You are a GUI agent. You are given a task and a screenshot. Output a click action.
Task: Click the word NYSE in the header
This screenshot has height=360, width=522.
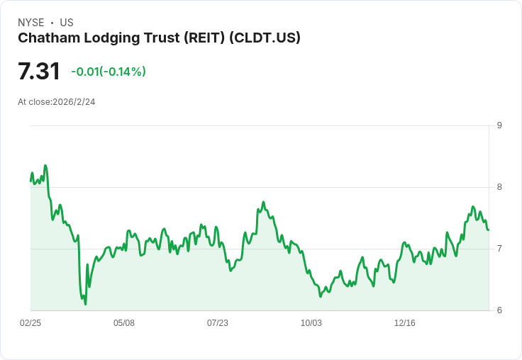pyautogui.click(x=31, y=23)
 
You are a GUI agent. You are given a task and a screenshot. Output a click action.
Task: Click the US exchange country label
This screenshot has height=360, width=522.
pyautogui.click(x=67, y=23)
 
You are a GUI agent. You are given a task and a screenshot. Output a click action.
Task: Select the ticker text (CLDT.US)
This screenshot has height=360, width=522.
pyautogui.click(x=265, y=38)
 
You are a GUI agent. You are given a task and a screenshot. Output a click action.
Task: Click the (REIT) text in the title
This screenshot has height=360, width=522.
pyautogui.click(x=204, y=38)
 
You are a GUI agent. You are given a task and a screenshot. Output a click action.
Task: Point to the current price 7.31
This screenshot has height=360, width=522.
pyautogui.click(x=39, y=72)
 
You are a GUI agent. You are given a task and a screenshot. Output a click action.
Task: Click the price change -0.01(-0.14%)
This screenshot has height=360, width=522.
pyautogui.click(x=109, y=72)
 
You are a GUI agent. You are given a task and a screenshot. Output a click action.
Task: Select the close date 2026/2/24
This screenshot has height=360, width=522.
pyautogui.click(x=74, y=102)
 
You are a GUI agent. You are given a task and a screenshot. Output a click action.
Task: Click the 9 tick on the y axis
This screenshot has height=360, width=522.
pyautogui.click(x=499, y=126)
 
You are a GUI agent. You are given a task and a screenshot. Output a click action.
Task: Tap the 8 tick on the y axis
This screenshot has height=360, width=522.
pyautogui.click(x=499, y=188)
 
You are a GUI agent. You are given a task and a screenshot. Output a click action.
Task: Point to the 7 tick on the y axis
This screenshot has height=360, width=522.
pyautogui.click(x=499, y=249)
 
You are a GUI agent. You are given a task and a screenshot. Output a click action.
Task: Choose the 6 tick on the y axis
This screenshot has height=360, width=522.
pyautogui.click(x=499, y=310)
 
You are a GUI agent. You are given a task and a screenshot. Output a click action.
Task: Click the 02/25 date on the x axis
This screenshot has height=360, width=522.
pyautogui.click(x=30, y=323)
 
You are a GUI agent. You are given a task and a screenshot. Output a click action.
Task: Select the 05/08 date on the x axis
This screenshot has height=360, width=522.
pyautogui.click(x=124, y=323)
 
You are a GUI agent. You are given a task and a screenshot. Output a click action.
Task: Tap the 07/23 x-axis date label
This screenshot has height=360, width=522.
pyautogui.click(x=218, y=323)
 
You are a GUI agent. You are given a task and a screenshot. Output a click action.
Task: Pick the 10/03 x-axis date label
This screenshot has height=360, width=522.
pyautogui.click(x=311, y=323)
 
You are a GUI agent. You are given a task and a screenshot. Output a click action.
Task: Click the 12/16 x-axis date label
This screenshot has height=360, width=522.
pyautogui.click(x=405, y=323)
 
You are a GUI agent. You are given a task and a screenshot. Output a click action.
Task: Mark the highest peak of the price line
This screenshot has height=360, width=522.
pyautogui.click(x=45, y=166)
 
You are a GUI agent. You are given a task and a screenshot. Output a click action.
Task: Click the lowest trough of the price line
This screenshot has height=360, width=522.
pyautogui.click(x=85, y=304)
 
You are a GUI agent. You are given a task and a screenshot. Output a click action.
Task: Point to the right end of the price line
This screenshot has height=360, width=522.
pyautogui.click(x=489, y=230)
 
